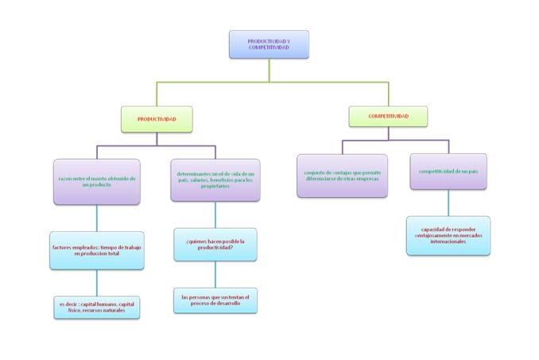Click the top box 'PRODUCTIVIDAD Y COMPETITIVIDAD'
(x=269, y=45)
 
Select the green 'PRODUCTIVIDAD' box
(x=157, y=119)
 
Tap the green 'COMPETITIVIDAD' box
(x=388, y=116)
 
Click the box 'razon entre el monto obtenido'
(x=97, y=182)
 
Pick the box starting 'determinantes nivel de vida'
(x=215, y=180)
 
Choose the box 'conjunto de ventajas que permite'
(x=342, y=175)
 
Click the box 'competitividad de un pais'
(x=448, y=172)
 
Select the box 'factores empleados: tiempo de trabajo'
(x=97, y=250)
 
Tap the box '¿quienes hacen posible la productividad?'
(x=215, y=244)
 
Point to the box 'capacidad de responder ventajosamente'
(x=448, y=235)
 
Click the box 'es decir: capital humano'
(x=97, y=307)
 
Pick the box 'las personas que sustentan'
(x=215, y=300)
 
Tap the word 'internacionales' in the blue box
(x=448, y=242)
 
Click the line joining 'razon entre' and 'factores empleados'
(x=97, y=217)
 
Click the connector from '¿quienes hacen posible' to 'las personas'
(x=215, y=274)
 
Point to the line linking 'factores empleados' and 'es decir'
(x=97, y=282)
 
